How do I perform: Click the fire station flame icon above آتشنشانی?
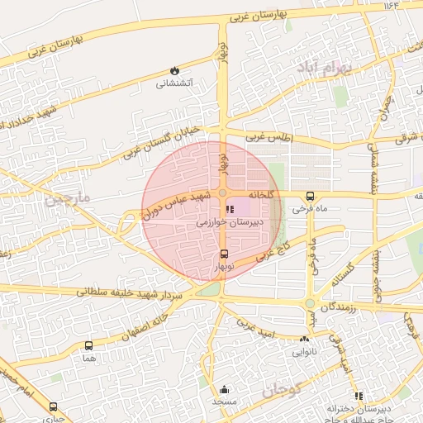click(x=173, y=71)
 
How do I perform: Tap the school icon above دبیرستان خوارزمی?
click(x=229, y=210)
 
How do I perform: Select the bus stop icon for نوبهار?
click(x=224, y=254)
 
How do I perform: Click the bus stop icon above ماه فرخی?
click(x=310, y=196)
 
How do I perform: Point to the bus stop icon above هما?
click(x=88, y=345)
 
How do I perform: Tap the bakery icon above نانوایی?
click(x=305, y=339)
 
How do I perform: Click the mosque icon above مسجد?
click(x=224, y=389)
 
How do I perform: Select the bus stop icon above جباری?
click(x=54, y=407)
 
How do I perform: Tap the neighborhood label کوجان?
click(x=283, y=392)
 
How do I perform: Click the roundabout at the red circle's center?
click(x=222, y=192)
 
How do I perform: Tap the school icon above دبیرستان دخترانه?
click(x=359, y=396)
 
